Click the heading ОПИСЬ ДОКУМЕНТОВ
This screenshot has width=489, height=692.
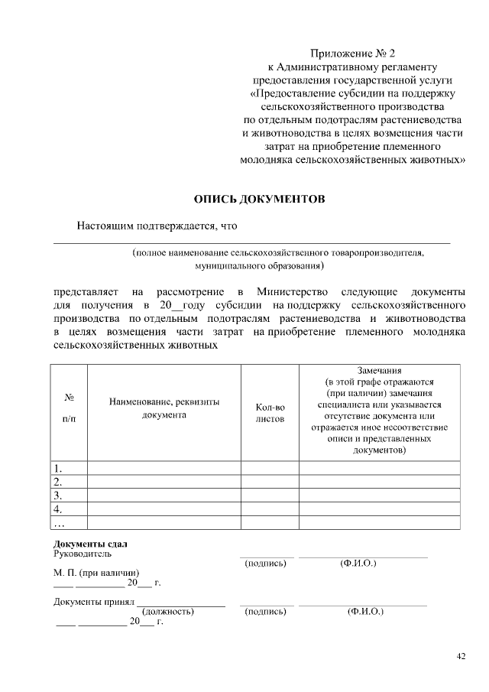(x=260, y=199)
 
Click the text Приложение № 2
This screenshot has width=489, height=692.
(x=354, y=54)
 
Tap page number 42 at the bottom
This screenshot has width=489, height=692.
(x=461, y=655)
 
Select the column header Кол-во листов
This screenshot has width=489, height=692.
(x=270, y=413)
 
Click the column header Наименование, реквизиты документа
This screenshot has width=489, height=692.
(x=164, y=408)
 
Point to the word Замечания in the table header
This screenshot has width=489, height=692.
(x=379, y=369)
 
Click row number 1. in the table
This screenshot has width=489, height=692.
(x=58, y=468)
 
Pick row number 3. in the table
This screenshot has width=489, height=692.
(x=58, y=495)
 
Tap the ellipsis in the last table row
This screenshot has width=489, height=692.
(x=60, y=522)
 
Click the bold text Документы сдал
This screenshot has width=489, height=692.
(x=85, y=543)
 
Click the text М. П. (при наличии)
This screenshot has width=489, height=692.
(x=96, y=572)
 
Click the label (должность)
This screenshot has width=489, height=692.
(x=168, y=612)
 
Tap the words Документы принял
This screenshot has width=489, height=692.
(x=94, y=601)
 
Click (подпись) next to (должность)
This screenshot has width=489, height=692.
(x=265, y=612)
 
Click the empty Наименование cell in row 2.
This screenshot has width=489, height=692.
(x=164, y=482)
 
